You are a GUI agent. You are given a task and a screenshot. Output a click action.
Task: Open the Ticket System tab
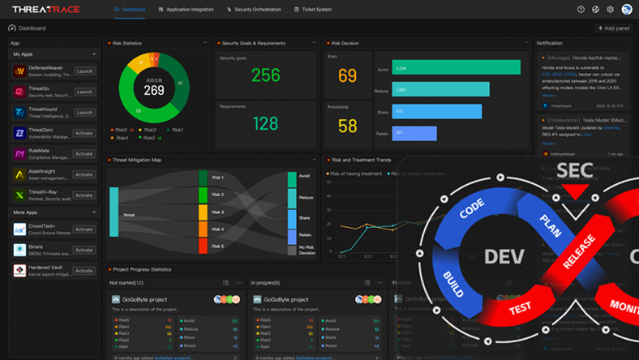[316, 10]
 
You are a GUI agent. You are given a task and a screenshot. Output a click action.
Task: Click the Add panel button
[613, 28]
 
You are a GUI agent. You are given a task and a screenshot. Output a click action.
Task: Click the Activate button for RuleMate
[84, 154]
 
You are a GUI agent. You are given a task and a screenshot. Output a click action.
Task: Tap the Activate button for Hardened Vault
[84, 271]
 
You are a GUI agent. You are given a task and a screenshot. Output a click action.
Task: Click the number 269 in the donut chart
[153, 91]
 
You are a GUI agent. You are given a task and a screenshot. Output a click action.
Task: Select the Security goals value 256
[265, 75]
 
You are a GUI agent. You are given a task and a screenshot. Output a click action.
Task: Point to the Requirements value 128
[265, 124]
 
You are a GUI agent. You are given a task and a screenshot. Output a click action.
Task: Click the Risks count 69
[347, 76]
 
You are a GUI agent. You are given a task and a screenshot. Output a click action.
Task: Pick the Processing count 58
[347, 126]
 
